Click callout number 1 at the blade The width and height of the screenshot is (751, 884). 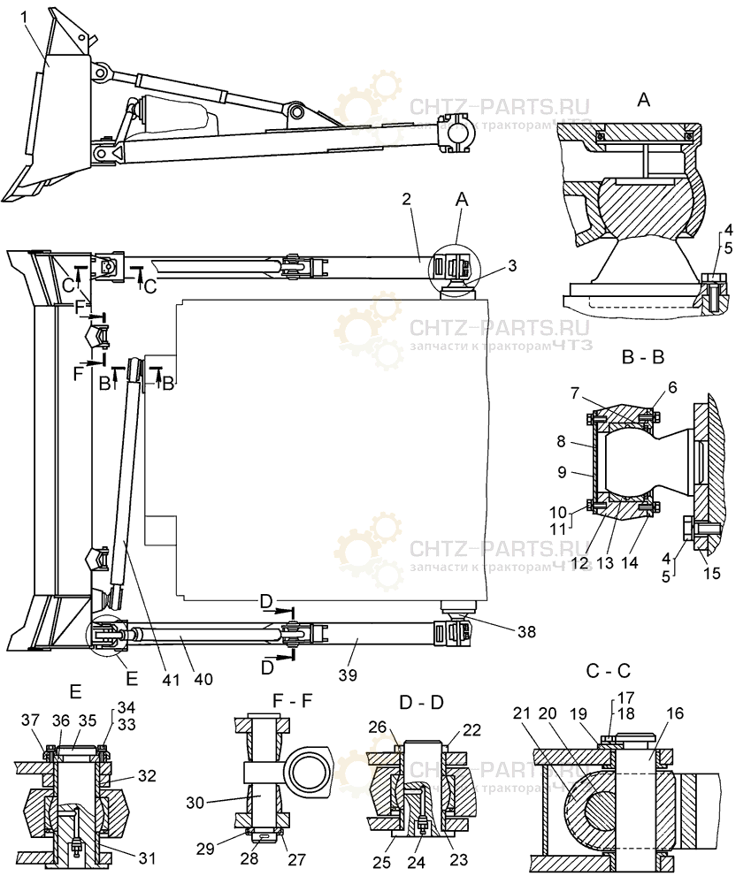[24, 16]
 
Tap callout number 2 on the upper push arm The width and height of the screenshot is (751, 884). [405, 200]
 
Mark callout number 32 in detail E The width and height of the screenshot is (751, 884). [147, 775]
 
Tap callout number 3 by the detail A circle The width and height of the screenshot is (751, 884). [512, 265]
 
